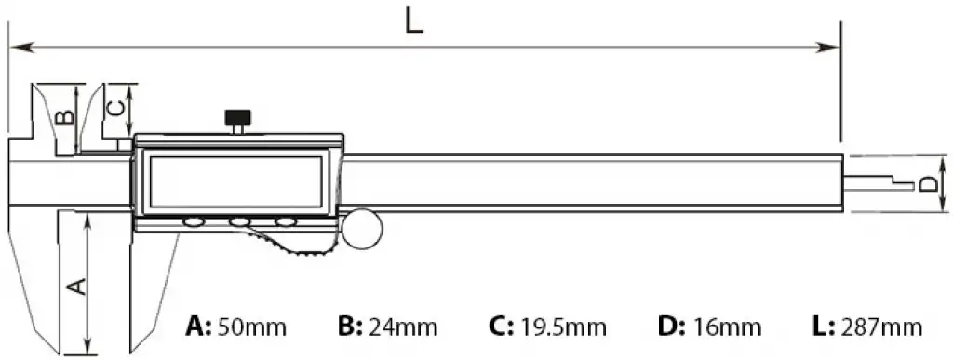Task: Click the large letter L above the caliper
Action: pos(414,21)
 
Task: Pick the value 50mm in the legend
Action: pos(251,327)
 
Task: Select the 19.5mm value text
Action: pos(563,327)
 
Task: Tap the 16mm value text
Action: pos(727,327)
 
